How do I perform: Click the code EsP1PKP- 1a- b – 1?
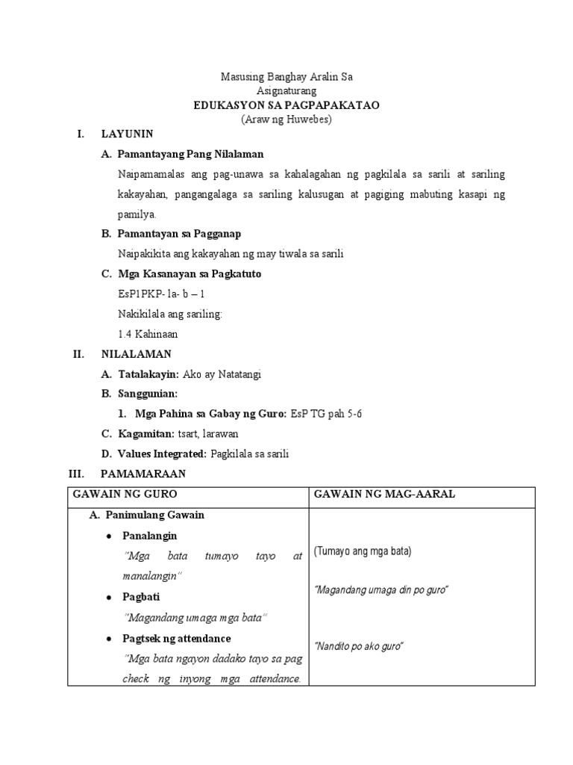pos(161,294)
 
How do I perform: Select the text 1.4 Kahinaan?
pos(148,334)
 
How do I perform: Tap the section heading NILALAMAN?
pos(136,354)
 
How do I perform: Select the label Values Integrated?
pos(162,453)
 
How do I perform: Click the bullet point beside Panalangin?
pos(110,536)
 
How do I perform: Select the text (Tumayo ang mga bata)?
pos(362,551)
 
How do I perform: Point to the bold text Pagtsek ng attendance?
pos(177,639)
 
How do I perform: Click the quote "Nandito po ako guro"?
pos(359,646)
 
